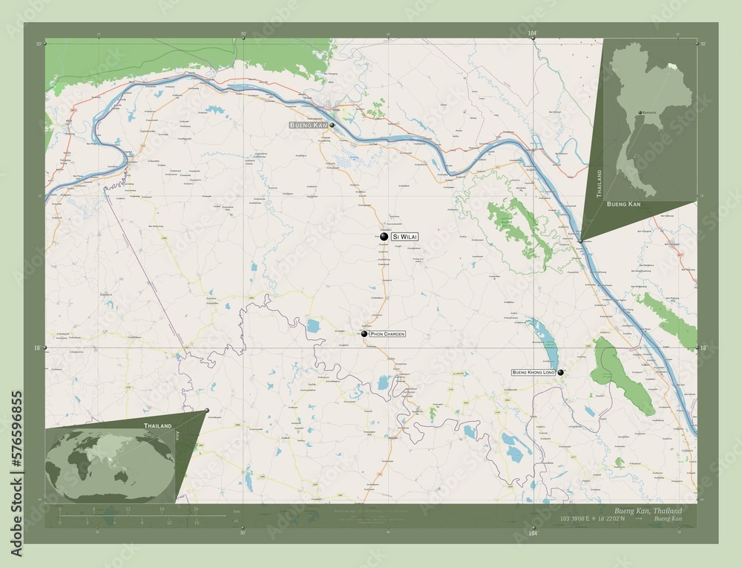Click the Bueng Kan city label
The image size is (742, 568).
pos(309,125)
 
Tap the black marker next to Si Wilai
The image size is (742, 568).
pos(384,236)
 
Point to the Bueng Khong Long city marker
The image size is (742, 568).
pos(560,372)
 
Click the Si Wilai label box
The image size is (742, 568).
pos(404,236)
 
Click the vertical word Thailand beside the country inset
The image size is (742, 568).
pos(599,183)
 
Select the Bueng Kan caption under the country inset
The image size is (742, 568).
pos(625,203)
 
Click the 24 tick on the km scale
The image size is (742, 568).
pos(196,509)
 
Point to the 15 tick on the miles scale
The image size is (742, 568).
pos(196,522)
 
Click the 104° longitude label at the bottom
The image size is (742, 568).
pos(532,532)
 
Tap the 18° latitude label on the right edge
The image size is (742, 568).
pos(703,347)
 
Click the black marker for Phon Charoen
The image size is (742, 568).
pos(364,334)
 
